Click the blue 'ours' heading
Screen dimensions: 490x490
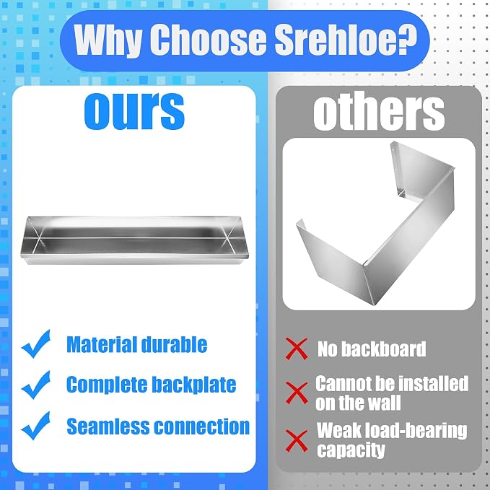[x=134, y=111]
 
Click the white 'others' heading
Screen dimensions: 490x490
[x=379, y=112]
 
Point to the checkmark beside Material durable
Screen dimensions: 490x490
[x=36, y=344]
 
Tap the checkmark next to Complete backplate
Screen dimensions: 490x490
[x=36, y=385]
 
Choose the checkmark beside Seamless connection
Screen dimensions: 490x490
[x=36, y=425]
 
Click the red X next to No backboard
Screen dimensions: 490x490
[x=297, y=349]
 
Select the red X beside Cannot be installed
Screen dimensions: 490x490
[x=297, y=393]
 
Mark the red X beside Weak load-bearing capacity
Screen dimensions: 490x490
[x=297, y=441]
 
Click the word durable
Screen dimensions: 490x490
[x=174, y=344]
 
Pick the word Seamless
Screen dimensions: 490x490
[x=108, y=426]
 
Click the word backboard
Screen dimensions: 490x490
[x=384, y=349]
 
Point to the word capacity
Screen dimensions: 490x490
[x=351, y=450]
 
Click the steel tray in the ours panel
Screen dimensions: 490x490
[x=134, y=240]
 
